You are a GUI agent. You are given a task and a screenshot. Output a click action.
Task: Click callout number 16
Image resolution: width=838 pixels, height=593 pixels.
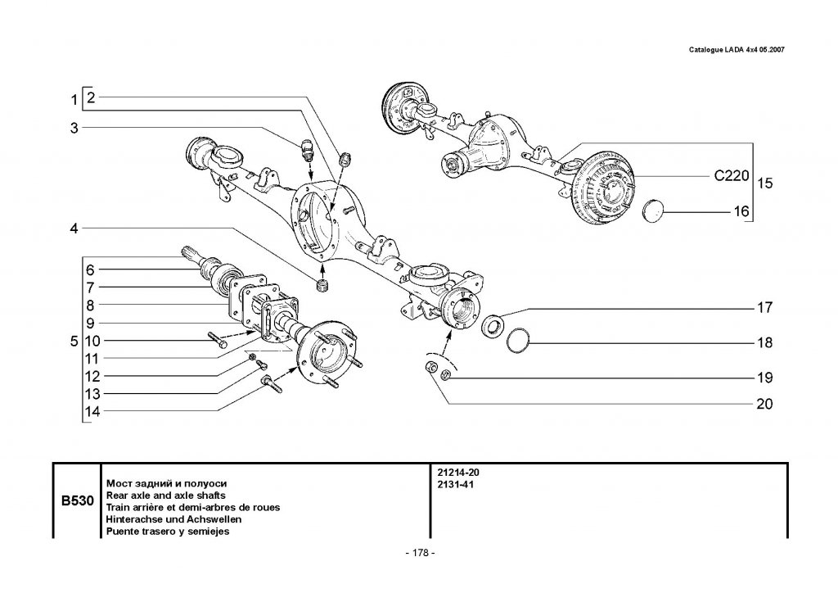click(741, 211)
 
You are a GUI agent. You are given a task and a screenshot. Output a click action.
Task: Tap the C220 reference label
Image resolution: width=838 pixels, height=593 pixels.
click(731, 175)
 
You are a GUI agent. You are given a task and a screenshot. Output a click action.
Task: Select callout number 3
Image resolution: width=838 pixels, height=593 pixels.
click(74, 128)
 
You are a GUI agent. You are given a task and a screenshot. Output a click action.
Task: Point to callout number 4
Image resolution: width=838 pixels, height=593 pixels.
click(74, 229)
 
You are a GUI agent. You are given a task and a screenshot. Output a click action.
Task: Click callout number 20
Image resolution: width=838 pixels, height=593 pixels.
click(763, 404)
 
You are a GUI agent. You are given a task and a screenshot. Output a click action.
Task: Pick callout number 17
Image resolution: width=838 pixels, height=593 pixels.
click(764, 309)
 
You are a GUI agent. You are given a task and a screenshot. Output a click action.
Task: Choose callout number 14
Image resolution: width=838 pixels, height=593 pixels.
click(92, 412)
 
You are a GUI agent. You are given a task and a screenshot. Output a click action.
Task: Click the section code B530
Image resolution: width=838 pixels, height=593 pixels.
click(75, 500)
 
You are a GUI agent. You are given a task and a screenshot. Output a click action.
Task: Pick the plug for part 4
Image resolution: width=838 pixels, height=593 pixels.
click(323, 285)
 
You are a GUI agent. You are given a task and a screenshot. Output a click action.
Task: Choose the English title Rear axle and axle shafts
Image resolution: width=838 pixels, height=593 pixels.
click(161, 496)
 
